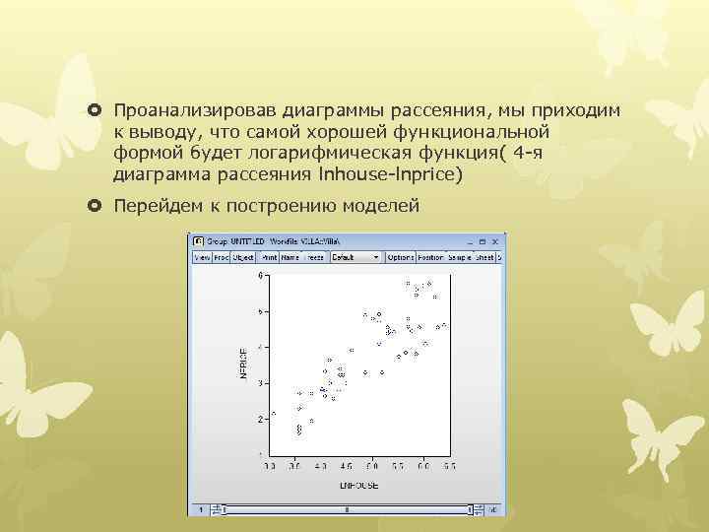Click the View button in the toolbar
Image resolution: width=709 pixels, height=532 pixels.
pos(202,257)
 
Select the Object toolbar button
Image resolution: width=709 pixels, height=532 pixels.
pos(240,257)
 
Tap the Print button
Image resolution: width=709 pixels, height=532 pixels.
pos(269,257)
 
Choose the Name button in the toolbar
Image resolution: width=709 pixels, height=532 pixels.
pos(290,257)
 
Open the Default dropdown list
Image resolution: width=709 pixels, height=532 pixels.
pos(355,257)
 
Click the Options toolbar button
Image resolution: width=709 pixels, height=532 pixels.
pos(401,257)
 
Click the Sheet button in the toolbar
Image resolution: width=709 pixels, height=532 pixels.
pos(483,257)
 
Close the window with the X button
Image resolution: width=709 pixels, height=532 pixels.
pos(497,241)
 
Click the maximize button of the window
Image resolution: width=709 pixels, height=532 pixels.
pos(484,241)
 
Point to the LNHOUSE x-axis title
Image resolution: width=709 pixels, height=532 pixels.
pos(358,485)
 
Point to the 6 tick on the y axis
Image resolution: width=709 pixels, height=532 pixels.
pos(261,276)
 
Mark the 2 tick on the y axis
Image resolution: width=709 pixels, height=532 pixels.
pos(261,419)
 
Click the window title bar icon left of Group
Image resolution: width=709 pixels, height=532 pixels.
pos(197,241)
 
